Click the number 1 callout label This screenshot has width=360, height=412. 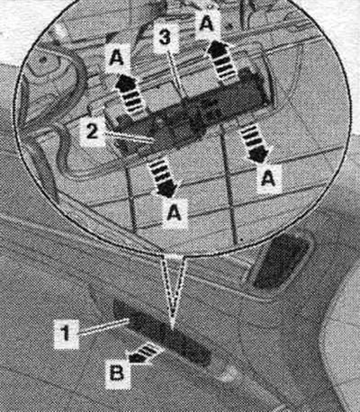click(x=66, y=334)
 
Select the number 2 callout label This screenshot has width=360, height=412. click(x=92, y=132)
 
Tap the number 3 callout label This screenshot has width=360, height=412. click(x=165, y=38)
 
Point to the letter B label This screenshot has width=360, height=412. click(x=117, y=374)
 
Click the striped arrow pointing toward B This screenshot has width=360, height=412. click(x=145, y=353)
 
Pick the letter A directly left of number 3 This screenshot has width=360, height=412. click(x=116, y=58)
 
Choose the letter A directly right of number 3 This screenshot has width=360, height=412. click(x=207, y=23)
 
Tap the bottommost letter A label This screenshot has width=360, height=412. click(x=175, y=213)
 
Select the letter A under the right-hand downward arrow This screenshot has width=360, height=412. click(x=268, y=179)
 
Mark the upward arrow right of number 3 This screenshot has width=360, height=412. click(x=221, y=61)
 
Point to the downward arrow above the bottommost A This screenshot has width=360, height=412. click(x=162, y=177)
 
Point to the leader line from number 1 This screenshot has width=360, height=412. click(x=103, y=327)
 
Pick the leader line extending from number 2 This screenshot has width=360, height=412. click(x=130, y=137)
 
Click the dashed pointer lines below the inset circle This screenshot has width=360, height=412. click(x=173, y=291)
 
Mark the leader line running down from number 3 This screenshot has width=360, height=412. click(x=178, y=75)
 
